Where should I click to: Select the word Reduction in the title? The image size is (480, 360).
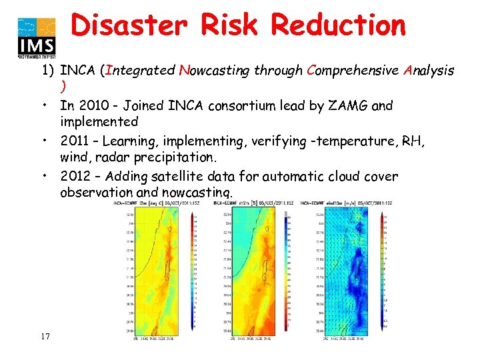pyautogui.click(x=338, y=25)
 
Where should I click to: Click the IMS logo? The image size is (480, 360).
pyautogui.click(x=37, y=36)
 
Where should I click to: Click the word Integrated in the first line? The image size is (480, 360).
pyautogui.click(x=139, y=70)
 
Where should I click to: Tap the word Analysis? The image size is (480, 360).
pyautogui.click(x=429, y=70)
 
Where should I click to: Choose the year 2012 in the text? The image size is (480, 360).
pyautogui.click(x=74, y=177)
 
